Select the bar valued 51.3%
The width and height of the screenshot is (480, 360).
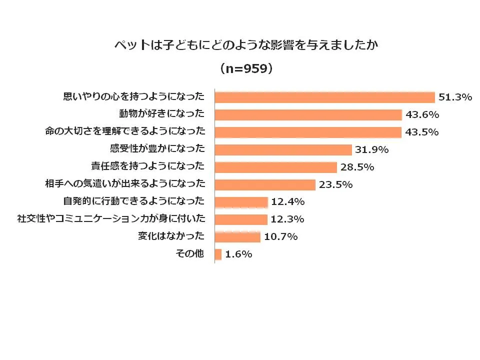(324, 97)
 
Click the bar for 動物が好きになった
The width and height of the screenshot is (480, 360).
(308, 114)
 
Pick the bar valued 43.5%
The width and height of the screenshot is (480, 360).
(308, 132)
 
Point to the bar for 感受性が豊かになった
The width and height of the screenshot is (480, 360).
(283, 149)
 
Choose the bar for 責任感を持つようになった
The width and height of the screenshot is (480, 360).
(276, 167)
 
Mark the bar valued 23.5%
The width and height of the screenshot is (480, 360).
(265, 184)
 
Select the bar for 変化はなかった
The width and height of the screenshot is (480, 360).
(237, 236)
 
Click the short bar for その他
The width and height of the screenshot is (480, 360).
(218, 254)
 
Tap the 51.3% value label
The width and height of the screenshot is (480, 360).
(455, 97)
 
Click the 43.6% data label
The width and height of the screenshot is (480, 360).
(422, 115)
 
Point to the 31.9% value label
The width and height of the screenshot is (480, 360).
(372, 150)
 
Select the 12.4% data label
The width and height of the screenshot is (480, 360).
(288, 202)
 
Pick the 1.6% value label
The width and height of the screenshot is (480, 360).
(238, 254)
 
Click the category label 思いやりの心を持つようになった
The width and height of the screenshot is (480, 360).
(133, 96)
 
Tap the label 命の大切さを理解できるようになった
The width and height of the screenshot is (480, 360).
(125, 131)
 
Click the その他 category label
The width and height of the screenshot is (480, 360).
(189, 253)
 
